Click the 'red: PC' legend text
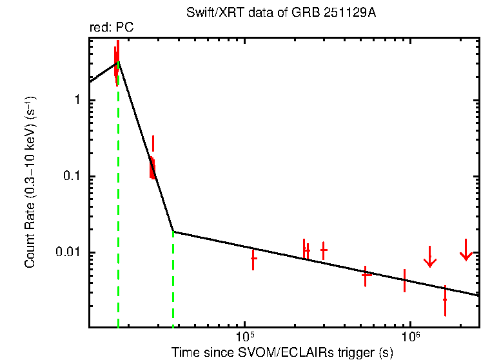pos(112,27)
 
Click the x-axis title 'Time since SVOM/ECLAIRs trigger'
pos(282,352)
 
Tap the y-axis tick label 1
pos(77,101)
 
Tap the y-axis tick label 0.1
pos(72,177)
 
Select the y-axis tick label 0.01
pos(69,253)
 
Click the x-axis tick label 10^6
pos(410,337)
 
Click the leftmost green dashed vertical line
pos(118,194)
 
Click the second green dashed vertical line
pos(173,277)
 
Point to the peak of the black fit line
pos(117,63)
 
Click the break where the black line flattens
pos(173,232)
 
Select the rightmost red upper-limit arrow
pos(466,252)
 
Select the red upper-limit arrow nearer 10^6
pos(430,257)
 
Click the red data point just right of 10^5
pos(253,259)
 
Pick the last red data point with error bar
pos(445,300)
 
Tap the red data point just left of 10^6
pos(404,280)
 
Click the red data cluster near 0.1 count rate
pos(152,167)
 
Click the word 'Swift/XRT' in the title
pos(208,12)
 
